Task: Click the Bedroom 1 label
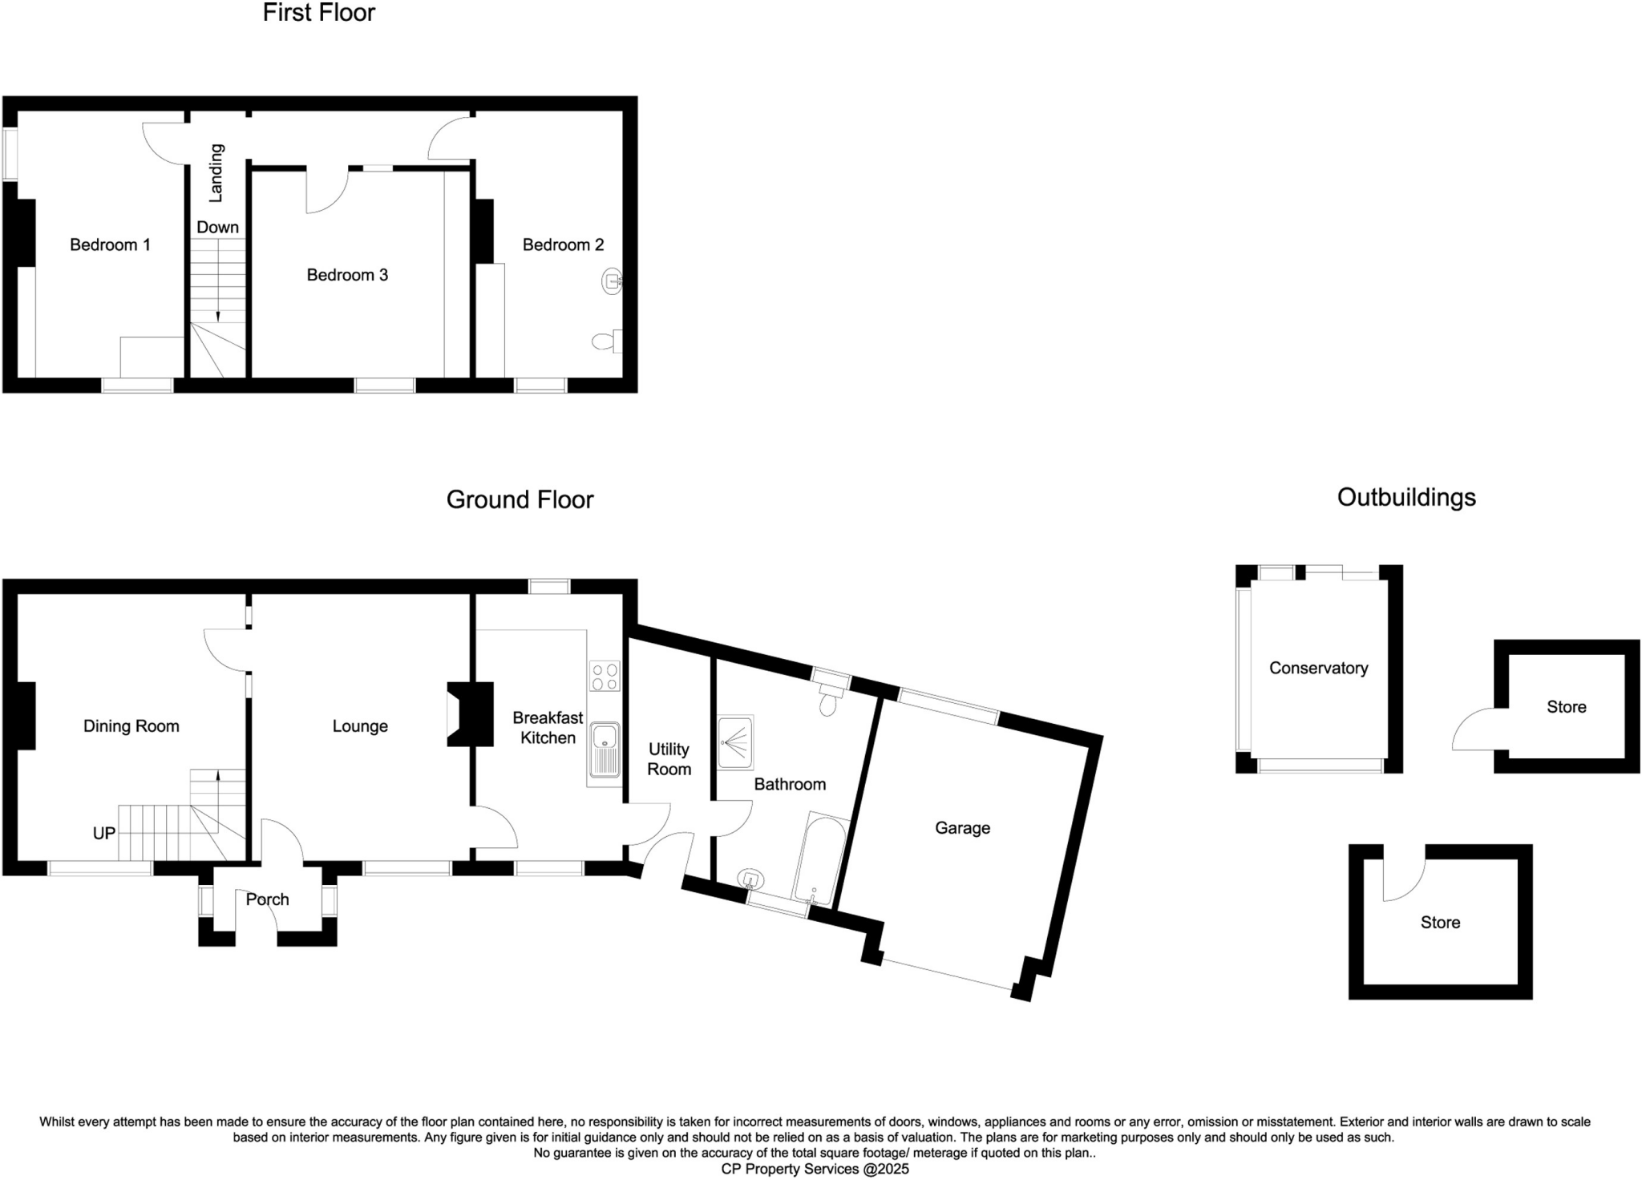coord(110,244)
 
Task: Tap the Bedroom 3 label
coord(347,275)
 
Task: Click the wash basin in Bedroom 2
coord(612,281)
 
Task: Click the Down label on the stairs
coord(218,227)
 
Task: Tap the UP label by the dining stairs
coord(104,833)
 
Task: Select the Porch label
coord(267,899)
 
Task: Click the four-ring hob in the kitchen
coord(605,675)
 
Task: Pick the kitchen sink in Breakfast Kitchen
coord(605,750)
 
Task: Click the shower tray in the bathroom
coord(735,742)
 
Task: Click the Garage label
coord(962,828)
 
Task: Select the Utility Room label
coord(669,759)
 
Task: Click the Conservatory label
coord(1318,668)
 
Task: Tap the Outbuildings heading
coord(1406,497)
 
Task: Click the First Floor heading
coord(318,13)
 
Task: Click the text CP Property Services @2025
coord(815,1169)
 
